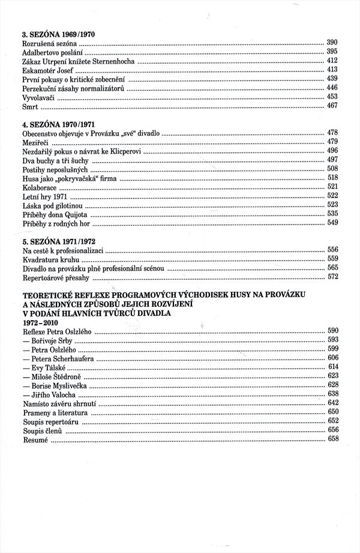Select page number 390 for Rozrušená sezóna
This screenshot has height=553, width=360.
click(x=332, y=42)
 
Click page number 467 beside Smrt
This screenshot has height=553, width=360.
click(x=332, y=106)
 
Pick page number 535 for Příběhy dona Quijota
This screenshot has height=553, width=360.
click(x=332, y=214)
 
